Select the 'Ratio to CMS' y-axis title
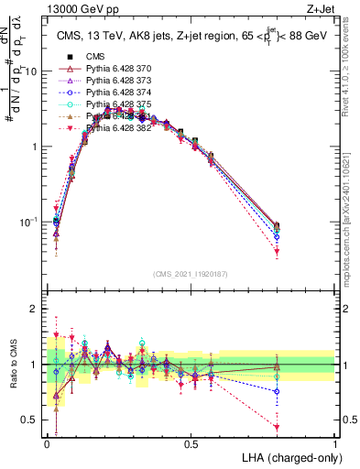point(13,365)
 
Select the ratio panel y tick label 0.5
point(30,420)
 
